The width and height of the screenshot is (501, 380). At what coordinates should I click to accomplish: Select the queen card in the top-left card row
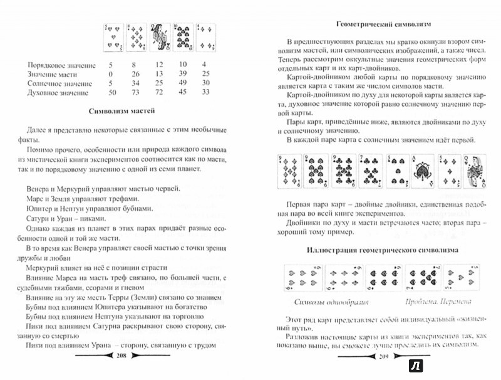pos(158,38)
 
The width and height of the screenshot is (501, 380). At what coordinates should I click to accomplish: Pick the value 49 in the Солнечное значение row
pos(183,83)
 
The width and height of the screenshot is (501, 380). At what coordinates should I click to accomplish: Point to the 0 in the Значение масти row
pos(110,73)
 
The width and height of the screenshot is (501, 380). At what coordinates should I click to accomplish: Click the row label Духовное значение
pos(56,92)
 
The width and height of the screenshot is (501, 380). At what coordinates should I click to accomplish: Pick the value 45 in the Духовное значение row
pos(183,92)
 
